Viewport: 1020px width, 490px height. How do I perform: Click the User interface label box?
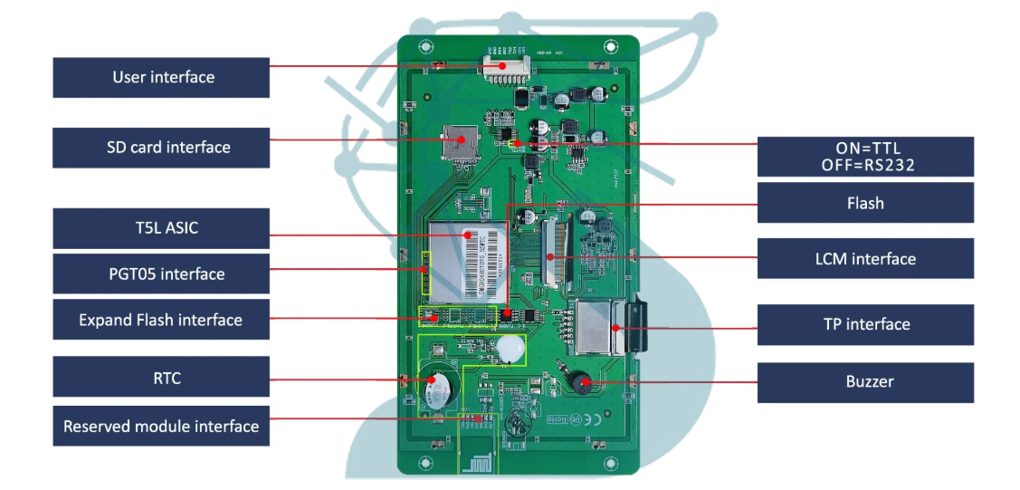[161, 78]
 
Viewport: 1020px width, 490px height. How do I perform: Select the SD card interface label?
[161, 148]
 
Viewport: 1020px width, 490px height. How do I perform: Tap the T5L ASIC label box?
[161, 228]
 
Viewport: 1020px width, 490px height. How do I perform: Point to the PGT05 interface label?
[161, 274]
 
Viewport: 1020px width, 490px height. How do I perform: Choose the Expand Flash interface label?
[161, 320]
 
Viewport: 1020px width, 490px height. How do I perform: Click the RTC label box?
[161, 377]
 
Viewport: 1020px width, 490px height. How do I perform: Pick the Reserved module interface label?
[161, 426]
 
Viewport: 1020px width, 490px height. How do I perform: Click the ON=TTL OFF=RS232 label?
[865, 157]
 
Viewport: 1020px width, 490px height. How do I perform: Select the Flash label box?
[865, 203]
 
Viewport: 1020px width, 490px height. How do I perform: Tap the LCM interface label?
[865, 259]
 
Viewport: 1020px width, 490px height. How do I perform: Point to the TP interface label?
[865, 324]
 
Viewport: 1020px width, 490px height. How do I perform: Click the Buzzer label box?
[865, 382]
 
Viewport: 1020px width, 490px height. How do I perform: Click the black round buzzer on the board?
[577, 383]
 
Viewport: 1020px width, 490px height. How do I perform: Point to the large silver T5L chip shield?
[468, 261]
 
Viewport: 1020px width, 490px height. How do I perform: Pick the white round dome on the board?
[510, 348]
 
